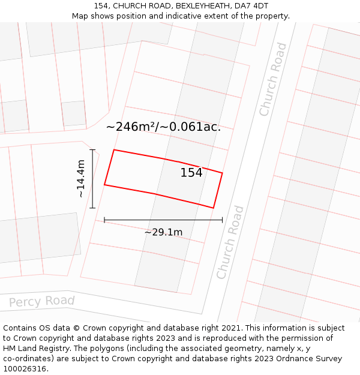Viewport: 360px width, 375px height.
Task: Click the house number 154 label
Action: tap(191, 173)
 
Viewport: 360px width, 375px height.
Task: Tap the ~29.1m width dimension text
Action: tap(163, 232)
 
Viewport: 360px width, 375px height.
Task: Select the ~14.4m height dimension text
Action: tap(81, 178)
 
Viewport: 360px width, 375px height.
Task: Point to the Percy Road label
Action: tap(42, 301)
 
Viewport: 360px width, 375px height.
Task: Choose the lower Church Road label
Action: tap(230, 242)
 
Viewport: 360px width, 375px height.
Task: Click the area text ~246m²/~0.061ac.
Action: tap(163, 127)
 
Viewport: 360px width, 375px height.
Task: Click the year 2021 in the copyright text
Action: tap(229, 328)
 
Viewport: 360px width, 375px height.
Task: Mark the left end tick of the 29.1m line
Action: tap(104, 220)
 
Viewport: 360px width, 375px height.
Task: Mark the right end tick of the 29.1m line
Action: tap(222, 220)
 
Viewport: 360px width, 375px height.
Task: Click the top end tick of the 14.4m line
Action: tap(92, 149)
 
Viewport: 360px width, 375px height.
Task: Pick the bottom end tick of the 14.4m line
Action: tap(92, 208)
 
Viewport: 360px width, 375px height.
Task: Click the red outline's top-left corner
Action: tap(114, 150)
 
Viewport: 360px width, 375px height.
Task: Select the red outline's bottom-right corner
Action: tap(214, 208)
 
